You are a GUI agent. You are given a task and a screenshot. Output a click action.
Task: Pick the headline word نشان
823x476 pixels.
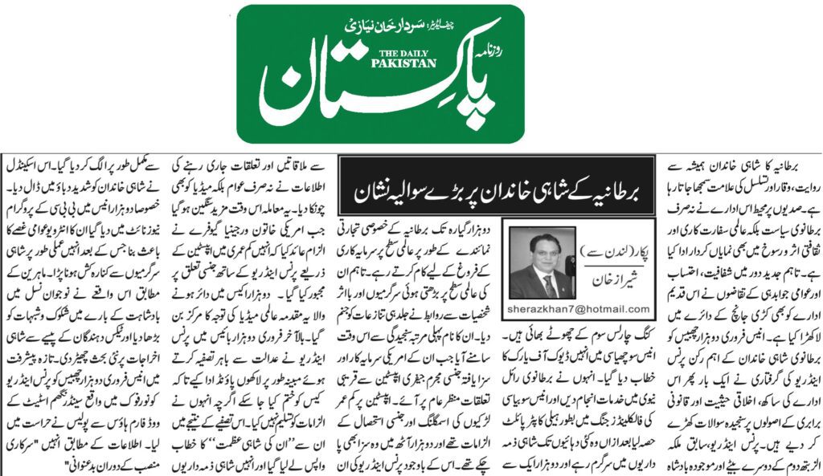tap(366, 193)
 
